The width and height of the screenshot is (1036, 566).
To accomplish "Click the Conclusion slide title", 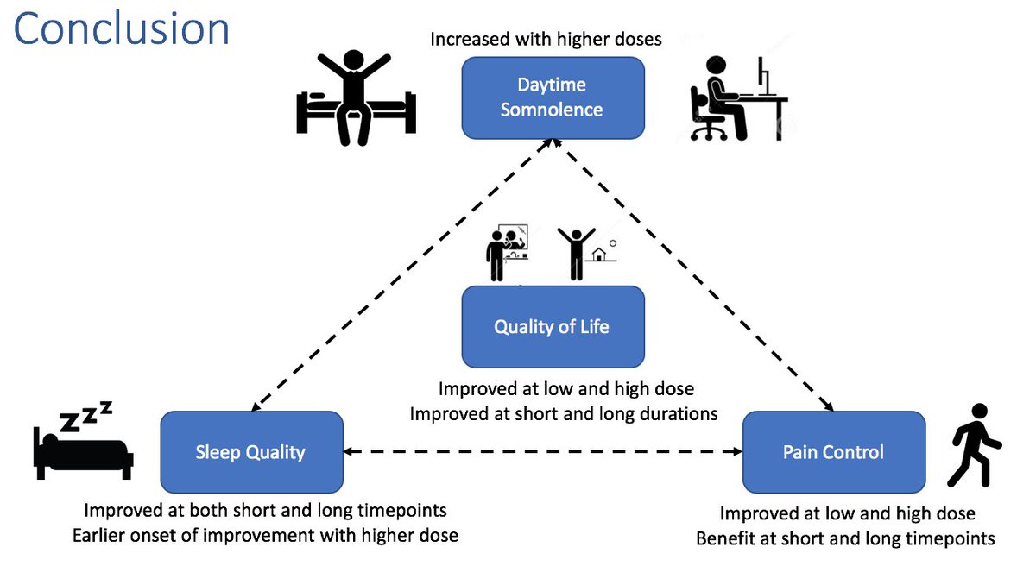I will tap(122, 29).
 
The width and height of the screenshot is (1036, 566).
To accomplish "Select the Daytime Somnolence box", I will tap(552, 97).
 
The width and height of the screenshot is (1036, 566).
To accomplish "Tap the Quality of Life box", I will tap(552, 327).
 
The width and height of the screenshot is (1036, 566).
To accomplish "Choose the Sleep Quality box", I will tap(251, 452).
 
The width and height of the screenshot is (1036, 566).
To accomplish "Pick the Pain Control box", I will tap(833, 452).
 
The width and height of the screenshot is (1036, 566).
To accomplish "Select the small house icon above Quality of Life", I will tap(597, 255).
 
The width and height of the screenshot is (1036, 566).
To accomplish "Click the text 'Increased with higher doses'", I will tap(546, 40).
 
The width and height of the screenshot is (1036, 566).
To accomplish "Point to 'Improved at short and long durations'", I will tap(564, 413).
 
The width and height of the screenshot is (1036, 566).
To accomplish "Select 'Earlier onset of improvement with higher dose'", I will tap(265, 535).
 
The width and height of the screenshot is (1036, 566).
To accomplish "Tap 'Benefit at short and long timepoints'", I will tap(845, 538).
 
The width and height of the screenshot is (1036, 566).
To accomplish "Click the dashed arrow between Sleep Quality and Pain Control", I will tap(543, 451).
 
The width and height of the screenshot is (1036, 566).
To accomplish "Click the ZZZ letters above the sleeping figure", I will tap(85, 415).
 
